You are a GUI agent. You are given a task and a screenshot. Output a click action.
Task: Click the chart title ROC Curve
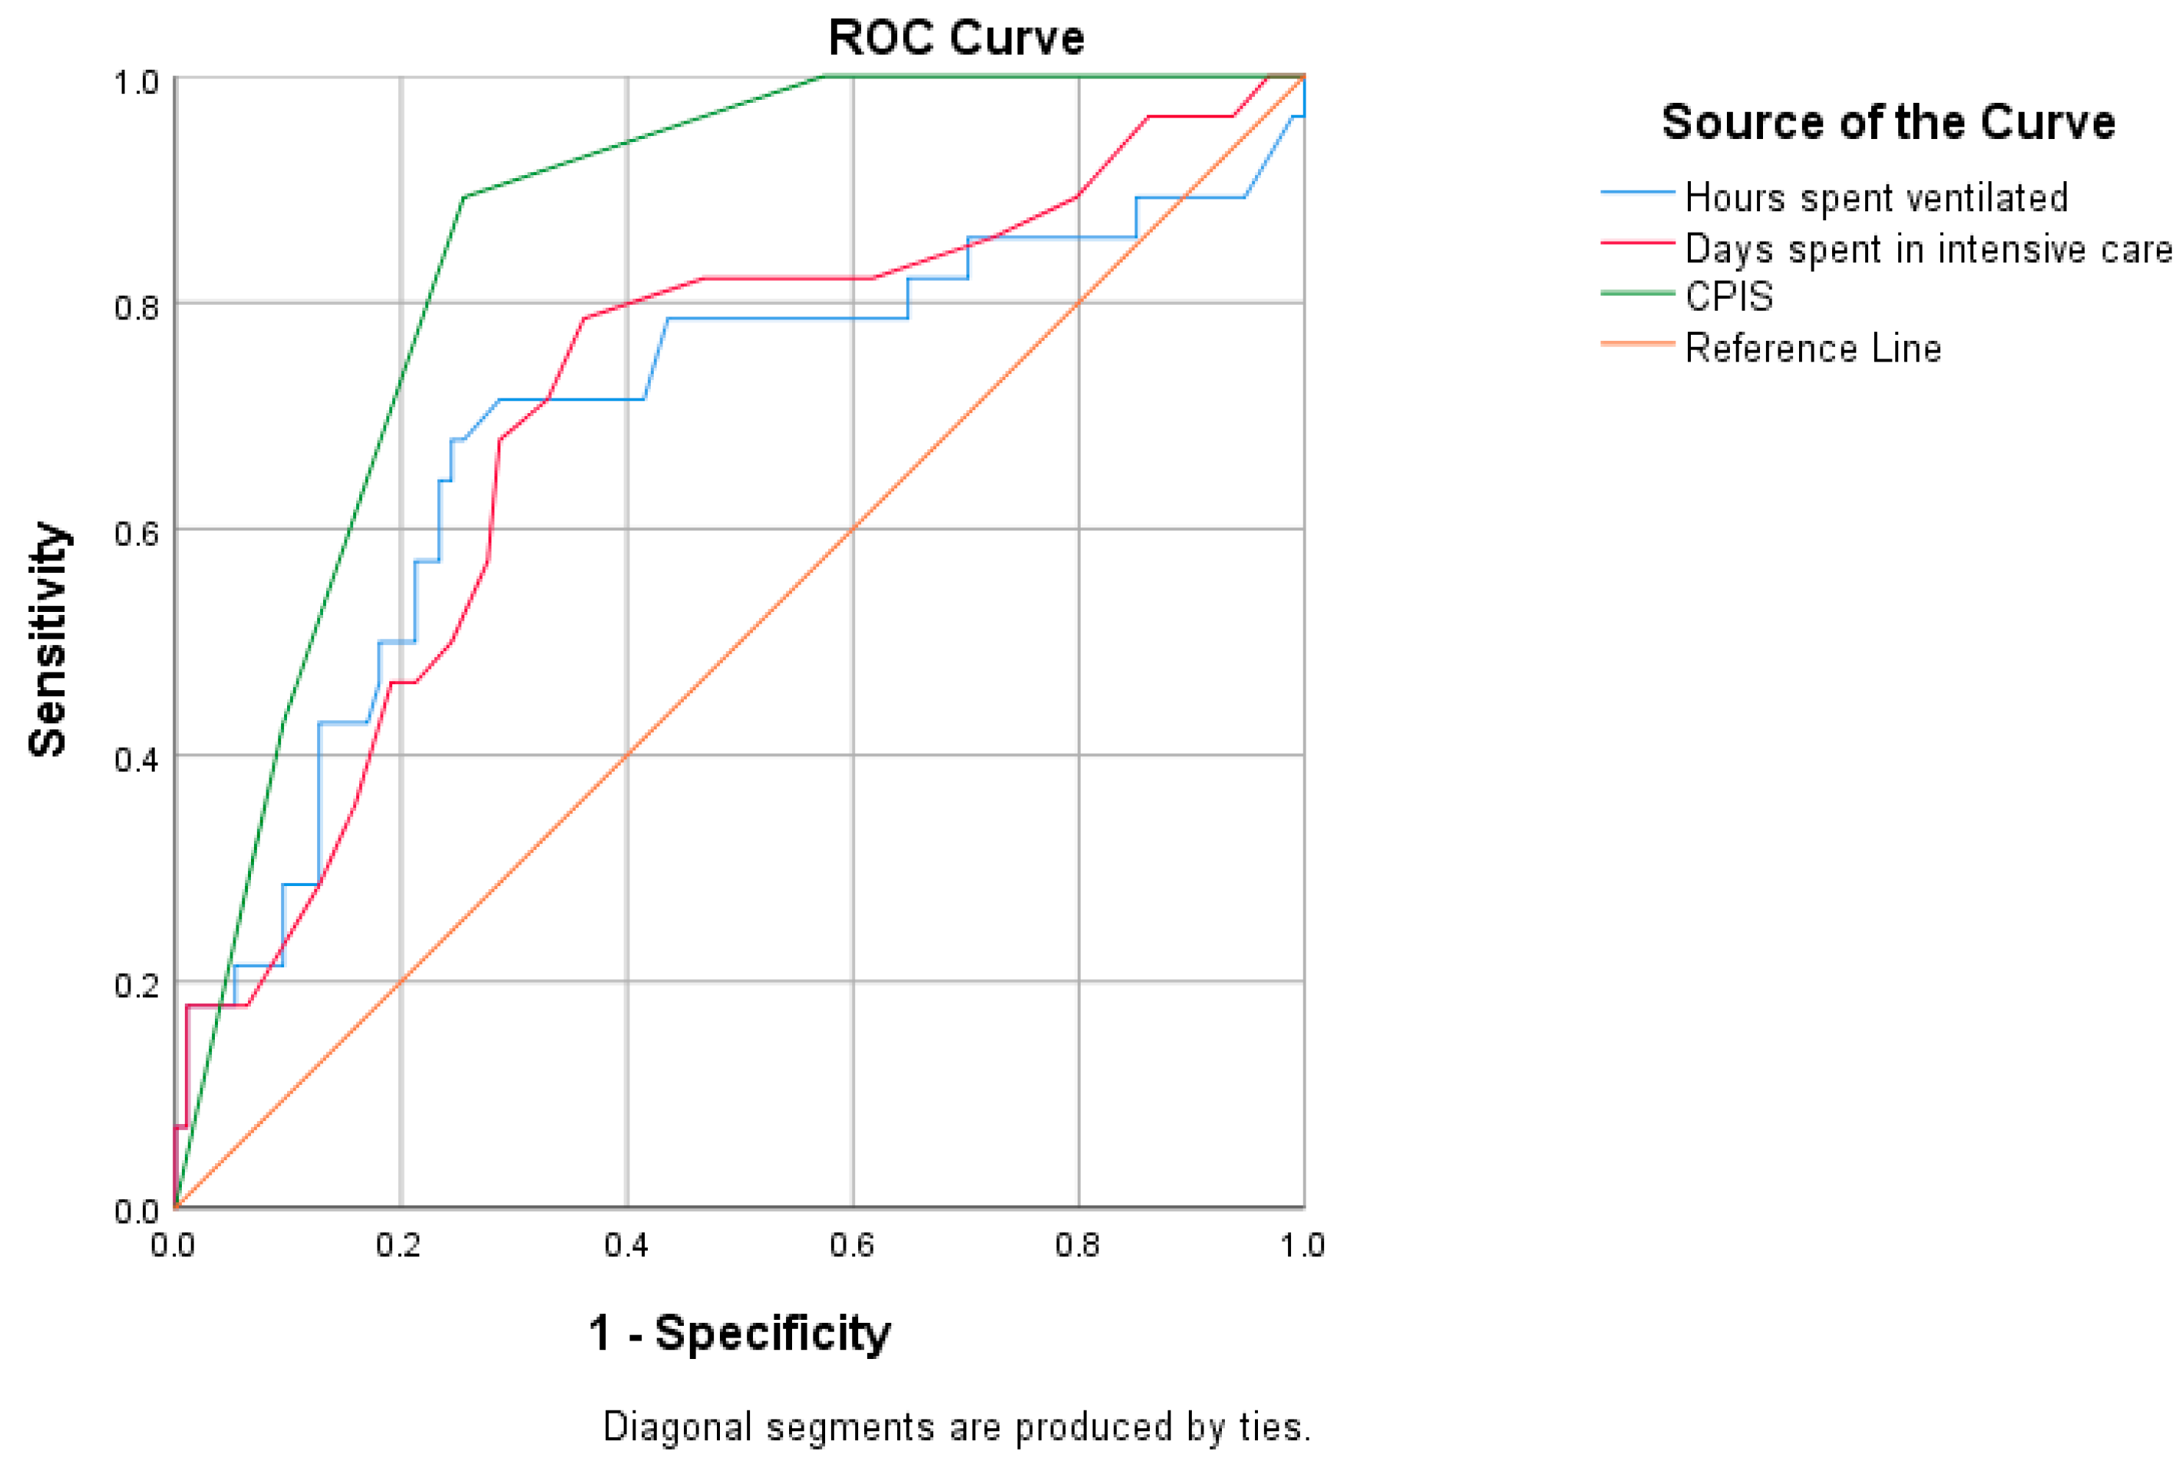[956, 38]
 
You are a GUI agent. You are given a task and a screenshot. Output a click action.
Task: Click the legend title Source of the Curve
[1887, 123]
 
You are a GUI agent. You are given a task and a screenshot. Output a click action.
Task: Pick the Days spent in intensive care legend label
[1928, 249]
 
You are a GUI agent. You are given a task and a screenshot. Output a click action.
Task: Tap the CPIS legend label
[1728, 297]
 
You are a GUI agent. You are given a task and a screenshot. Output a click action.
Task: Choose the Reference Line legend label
[1812, 349]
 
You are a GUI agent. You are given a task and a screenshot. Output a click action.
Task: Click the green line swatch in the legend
[1636, 293]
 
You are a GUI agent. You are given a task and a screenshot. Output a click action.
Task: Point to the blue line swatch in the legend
[1636, 193]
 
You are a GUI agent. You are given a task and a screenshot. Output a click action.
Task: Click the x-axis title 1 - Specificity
[738, 1333]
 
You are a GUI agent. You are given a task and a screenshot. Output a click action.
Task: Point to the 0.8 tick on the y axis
[137, 307]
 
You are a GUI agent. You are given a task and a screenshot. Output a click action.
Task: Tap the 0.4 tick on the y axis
[137, 759]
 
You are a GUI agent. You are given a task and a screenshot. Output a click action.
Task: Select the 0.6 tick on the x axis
[852, 1245]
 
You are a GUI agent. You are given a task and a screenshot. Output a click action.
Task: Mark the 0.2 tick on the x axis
[400, 1245]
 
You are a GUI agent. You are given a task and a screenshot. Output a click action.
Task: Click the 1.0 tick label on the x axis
[1302, 1245]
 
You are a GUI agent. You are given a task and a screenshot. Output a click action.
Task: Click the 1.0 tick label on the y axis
[137, 82]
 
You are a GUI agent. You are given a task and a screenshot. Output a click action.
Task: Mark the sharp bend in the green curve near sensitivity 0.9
[464, 197]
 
